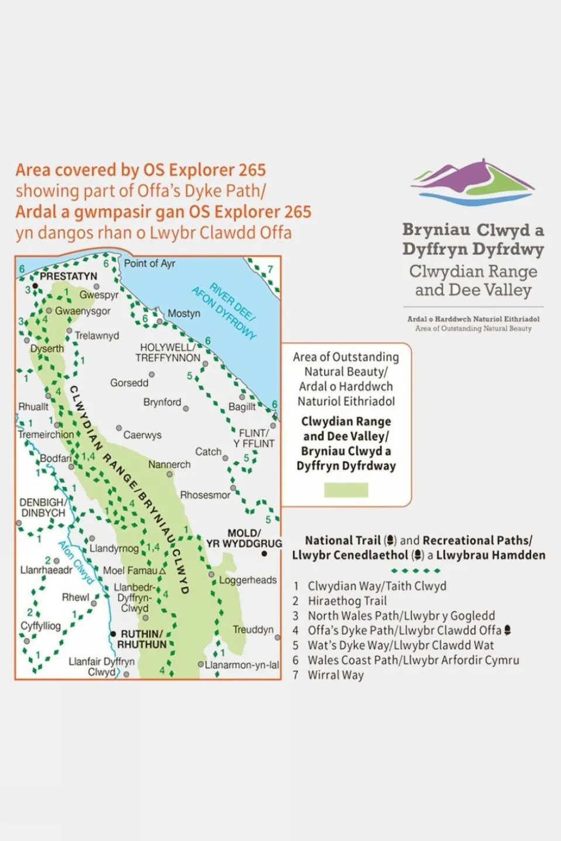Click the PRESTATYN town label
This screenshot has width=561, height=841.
pyautogui.click(x=68, y=276)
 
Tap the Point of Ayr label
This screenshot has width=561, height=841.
pyautogui.click(x=149, y=264)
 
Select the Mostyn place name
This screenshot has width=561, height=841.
pyautogui.click(x=184, y=314)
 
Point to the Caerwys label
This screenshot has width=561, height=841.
pyautogui.click(x=142, y=435)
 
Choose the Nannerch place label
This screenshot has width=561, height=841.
pyautogui.click(x=169, y=465)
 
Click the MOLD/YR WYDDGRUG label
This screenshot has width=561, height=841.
pyautogui.click(x=244, y=538)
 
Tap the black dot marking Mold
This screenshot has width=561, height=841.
pyautogui.click(x=264, y=553)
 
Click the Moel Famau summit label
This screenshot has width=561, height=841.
pyautogui.click(x=130, y=570)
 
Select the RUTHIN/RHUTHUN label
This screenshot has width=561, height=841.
pyautogui.click(x=142, y=639)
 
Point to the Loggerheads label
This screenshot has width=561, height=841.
pyautogui.click(x=247, y=580)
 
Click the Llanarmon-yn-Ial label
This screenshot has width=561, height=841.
pyautogui.click(x=242, y=665)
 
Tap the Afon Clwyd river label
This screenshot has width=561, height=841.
pyautogui.click(x=76, y=562)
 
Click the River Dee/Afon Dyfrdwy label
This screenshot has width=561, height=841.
pyautogui.click(x=225, y=311)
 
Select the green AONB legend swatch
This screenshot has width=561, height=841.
pyautogui.click(x=346, y=490)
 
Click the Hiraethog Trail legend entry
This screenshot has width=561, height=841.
pyautogui.click(x=347, y=601)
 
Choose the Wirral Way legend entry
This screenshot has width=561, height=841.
pyautogui.click(x=335, y=675)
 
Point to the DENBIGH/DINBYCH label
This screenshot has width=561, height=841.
pyautogui.click(x=43, y=507)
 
